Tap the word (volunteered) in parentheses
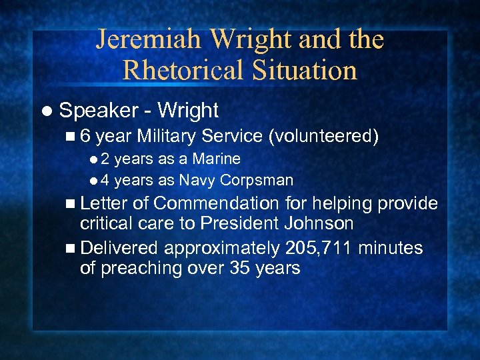point(323,137)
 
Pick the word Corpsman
point(257,180)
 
